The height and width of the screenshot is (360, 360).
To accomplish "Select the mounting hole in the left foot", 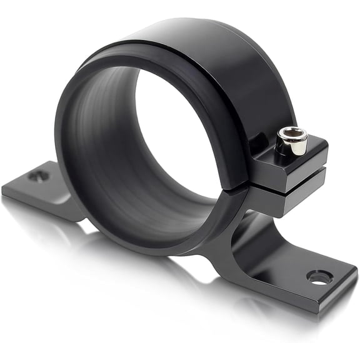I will [x=36, y=176].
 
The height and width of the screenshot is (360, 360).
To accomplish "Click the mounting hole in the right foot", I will [x=318, y=278].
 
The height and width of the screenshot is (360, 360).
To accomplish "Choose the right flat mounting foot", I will [x=306, y=275].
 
